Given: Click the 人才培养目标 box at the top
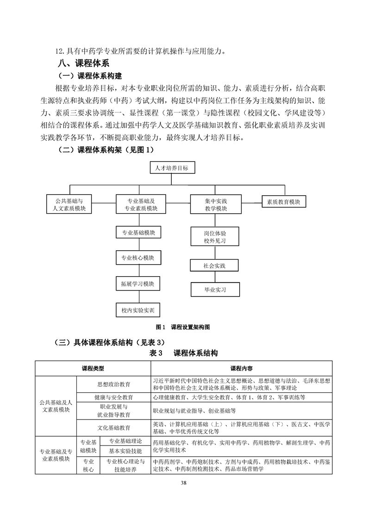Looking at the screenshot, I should pyautogui.click(x=172, y=168).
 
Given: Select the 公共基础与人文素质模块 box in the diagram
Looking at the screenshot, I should pyautogui.click(x=69, y=205).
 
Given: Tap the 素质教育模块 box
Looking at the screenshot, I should pyautogui.click(x=284, y=202).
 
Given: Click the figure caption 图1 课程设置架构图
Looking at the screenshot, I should pyautogui.click(x=183, y=327).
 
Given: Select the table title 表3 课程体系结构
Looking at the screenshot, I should pyautogui.click(x=183, y=353).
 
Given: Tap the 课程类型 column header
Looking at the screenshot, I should pyautogui.click(x=93, y=369).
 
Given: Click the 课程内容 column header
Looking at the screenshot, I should pyautogui.click(x=241, y=369).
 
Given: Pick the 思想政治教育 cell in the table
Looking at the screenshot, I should pyautogui.click(x=113, y=384).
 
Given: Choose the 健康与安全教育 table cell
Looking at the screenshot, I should pyautogui.click(x=113, y=397).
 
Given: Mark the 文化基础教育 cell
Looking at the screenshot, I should pyautogui.click(x=113, y=428).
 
